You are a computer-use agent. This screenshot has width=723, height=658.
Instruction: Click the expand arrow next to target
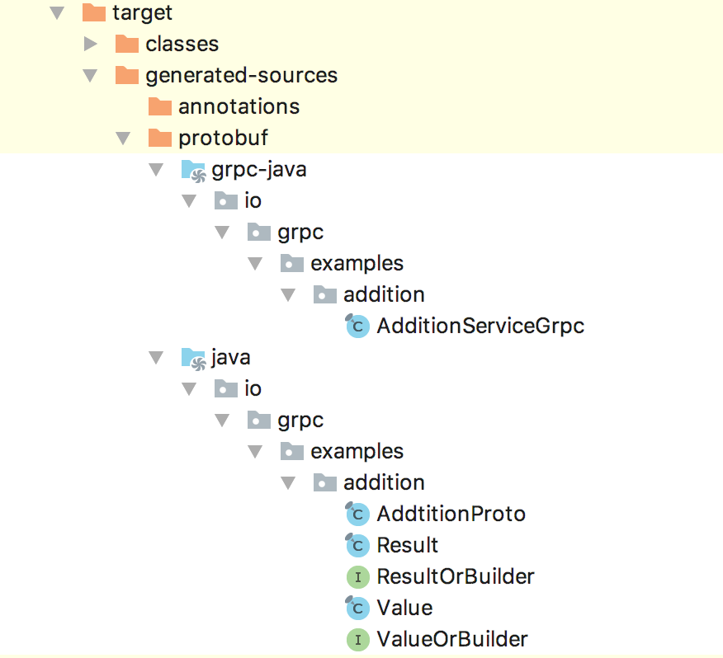(x=57, y=13)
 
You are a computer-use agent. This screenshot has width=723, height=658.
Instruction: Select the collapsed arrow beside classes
(x=91, y=45)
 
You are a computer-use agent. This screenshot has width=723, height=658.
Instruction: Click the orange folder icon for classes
(x=127, y=44)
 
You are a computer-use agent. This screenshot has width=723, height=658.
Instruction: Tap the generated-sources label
(x=242, y=76)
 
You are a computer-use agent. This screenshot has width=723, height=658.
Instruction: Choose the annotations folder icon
(x=160, y=106)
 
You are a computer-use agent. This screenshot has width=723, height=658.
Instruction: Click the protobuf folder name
(x=223, y=138)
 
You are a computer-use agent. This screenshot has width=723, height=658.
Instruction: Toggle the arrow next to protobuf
(x=123, y=139)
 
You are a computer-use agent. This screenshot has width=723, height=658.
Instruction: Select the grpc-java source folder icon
(x=194, y=171)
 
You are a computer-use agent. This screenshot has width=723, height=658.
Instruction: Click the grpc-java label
(x=259, y=170)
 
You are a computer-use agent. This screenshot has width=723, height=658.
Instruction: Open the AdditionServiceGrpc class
(x=480, y=326)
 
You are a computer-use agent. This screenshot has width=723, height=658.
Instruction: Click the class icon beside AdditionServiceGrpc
(x=357, y=326)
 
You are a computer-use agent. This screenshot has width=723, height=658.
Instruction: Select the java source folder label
(x=231, y=358)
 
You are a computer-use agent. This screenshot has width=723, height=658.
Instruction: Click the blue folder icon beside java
(x=194, y=359)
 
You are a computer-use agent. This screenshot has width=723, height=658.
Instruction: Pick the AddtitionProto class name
(x=451, y=514)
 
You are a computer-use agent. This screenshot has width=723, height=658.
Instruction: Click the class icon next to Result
(x=357, y=545)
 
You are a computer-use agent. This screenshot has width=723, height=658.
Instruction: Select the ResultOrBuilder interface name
(x=456, y=576)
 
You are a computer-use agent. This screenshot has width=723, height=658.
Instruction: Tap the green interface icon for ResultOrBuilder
(x=358, y=577)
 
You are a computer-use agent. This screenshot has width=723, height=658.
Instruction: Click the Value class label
(x=405, y=608)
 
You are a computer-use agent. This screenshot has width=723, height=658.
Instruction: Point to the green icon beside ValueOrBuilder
(x=358, y=640)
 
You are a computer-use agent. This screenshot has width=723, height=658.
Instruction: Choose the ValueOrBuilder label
(x=452, y=639)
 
